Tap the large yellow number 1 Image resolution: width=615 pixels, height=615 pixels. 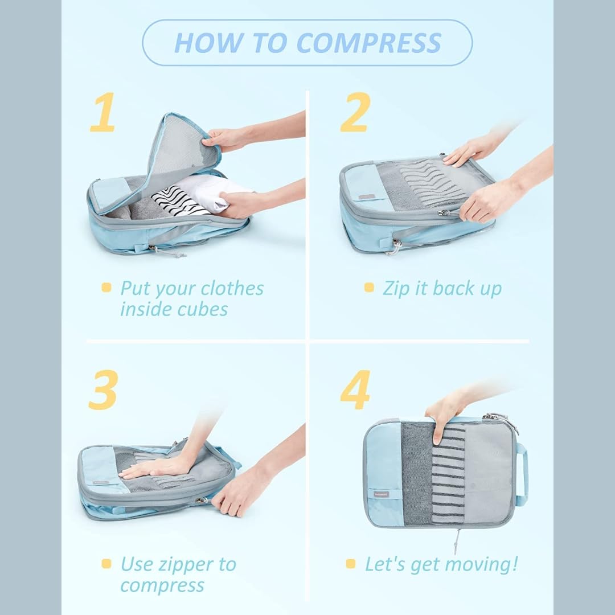pos(102,112)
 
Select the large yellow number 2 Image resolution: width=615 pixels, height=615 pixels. pos(355,112)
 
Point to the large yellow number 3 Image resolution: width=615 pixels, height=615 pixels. pos(104,389)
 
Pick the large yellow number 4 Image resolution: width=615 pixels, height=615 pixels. pos(355,389)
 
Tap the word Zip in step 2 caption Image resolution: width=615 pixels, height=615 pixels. pos(396,289)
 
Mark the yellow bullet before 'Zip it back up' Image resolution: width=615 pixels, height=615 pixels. pos(369,288)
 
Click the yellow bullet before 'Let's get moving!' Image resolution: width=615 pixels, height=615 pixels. pos(351,564)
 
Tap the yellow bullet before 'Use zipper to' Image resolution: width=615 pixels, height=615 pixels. pos(106,564)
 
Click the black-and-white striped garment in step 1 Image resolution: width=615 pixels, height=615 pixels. pos(178,202)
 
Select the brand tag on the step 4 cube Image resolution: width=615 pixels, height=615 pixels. pos(380,494)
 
